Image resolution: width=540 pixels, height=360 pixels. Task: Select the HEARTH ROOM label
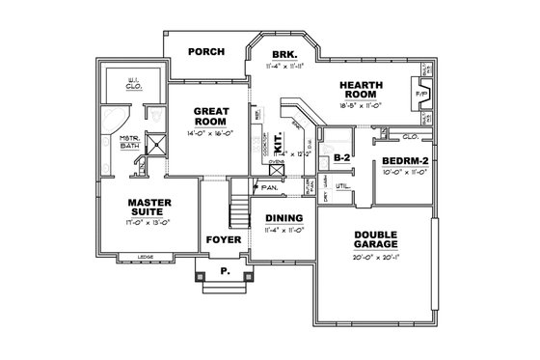[x=362, y=90]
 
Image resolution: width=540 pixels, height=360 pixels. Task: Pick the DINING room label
[x=283, y=219]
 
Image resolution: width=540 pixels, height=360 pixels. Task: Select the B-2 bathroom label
[x=340, y=157]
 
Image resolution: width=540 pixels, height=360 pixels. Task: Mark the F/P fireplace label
[x=420, y=95]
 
